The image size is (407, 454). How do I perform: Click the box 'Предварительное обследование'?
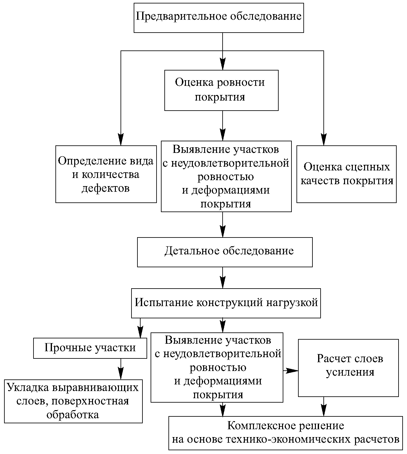[x=219, y=18]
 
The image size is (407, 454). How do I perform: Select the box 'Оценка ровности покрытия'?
[x=221, y=90]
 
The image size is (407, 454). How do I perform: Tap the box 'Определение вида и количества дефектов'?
[x=106, y=174]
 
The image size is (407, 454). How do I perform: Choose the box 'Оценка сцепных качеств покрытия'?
[x=347, y=174]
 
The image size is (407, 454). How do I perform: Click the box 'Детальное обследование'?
[x=225, y=252]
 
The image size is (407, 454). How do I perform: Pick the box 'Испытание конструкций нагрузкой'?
[x=226, y=303]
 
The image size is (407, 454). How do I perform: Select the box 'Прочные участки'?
[x=90, y=348]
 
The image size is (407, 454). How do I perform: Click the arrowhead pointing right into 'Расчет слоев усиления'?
[x=292, y=371]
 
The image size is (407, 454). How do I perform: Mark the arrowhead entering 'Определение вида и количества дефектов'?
[x=121, y=140]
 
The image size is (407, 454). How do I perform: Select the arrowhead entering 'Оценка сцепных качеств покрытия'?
[x=324, y=140]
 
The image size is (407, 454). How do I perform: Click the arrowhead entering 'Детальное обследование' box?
[x=223, y=232]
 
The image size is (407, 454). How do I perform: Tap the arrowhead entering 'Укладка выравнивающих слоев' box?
[x=121, y=374]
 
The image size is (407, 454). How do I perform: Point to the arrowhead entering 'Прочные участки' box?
[x=140, y=332]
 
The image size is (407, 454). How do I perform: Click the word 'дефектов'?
[x=106, y=188]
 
